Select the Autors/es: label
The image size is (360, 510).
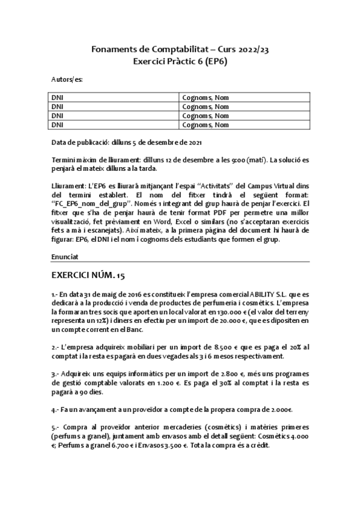pyautogui.click(x=67, y=79)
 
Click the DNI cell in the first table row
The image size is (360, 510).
pyautogui.click(x=57, y=97)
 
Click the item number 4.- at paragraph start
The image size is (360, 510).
pyautogui.click(x=55, y=410)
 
